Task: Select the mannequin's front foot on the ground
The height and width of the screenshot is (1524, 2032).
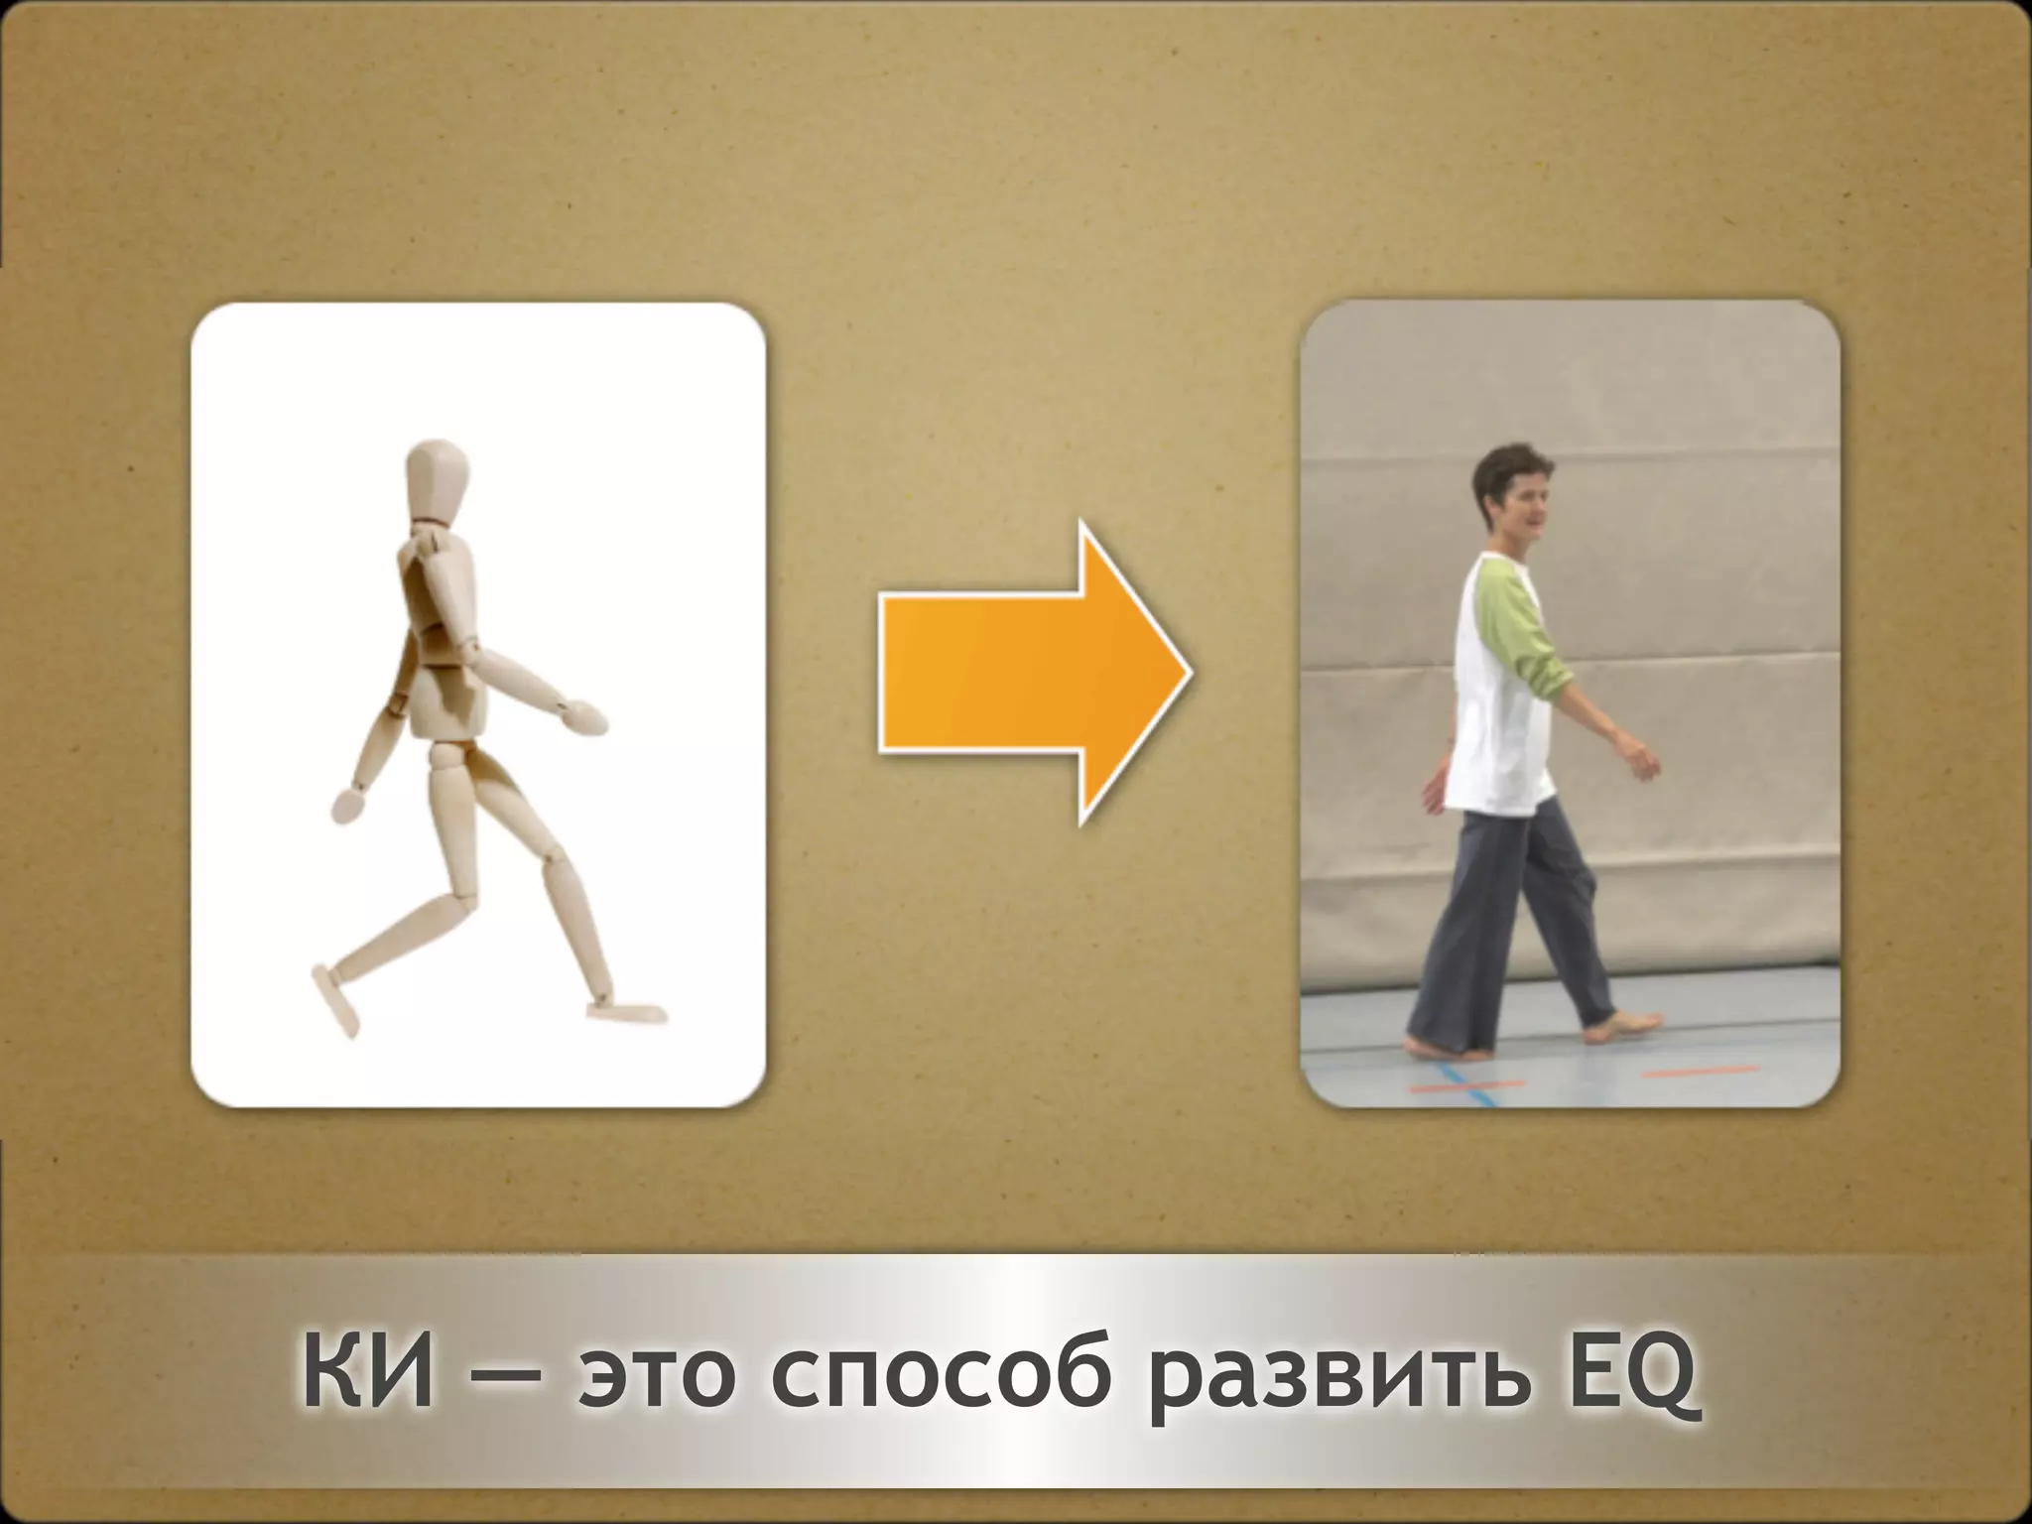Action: point(624,1011)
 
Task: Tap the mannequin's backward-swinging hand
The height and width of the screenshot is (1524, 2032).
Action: point(348,804)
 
